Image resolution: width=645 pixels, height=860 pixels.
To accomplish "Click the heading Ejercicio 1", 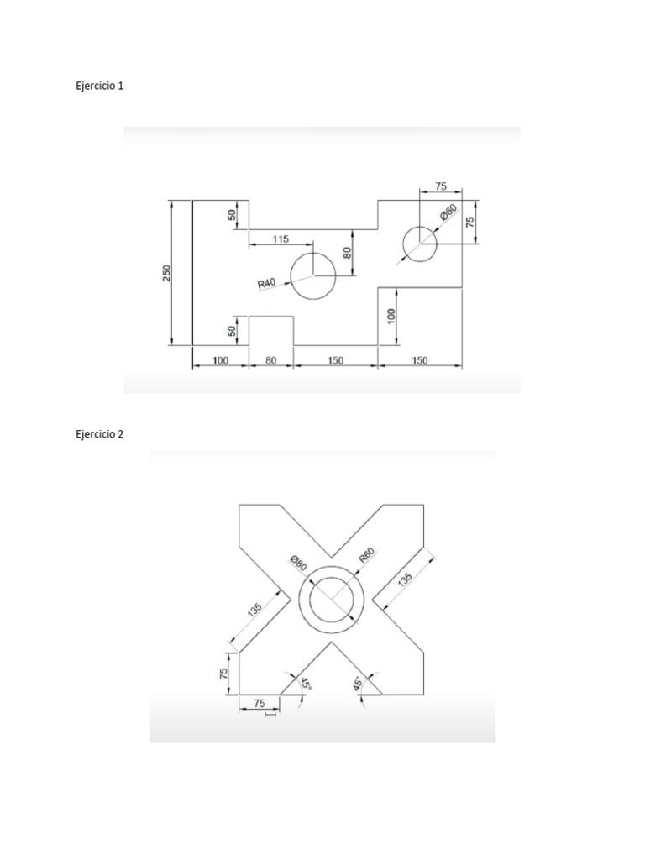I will click(x=100, y=86).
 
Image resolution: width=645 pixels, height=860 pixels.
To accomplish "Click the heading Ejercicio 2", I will click(x=100, y=434).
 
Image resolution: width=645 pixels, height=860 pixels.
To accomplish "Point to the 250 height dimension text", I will click(x=166, y=273).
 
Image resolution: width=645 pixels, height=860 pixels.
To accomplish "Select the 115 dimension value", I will click(x=281, y=239).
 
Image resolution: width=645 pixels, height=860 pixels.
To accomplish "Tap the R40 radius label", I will click(x=266, y=285).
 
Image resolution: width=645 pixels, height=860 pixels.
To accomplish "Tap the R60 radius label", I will click(x=366, y=556).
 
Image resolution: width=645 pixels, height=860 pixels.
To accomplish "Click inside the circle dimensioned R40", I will click(x=312, y=275).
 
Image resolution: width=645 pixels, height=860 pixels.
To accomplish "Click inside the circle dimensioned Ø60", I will click(x=419, y=244).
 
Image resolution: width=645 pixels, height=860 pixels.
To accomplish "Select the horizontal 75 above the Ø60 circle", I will click(x=441, y=186).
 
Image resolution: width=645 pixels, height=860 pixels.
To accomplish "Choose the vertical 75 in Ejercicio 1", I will click(x=470, y=222).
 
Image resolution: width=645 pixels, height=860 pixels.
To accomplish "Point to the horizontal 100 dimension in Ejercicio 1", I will click(x=221, y=360).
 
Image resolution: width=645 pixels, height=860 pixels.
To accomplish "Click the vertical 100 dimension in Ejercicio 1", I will click(x=391, y=316).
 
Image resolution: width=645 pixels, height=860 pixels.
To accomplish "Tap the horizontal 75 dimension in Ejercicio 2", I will click(x=259, y=704).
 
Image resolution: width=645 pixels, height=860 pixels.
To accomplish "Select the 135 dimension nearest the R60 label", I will click(x=406, y=579).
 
